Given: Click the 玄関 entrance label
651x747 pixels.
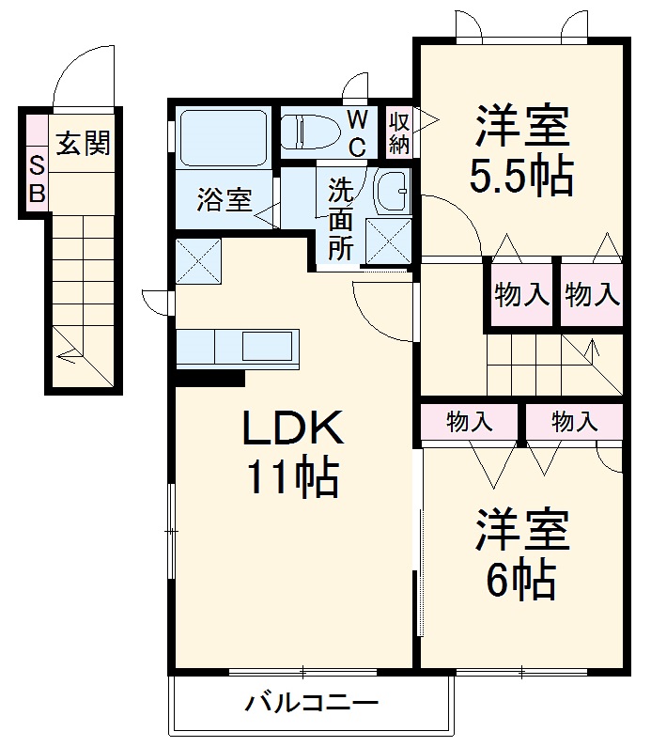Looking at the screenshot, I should (84, 144).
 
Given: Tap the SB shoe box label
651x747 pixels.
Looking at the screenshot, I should (37, 179).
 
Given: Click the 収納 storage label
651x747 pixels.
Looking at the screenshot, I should (399, 132).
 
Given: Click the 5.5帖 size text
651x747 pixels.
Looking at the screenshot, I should (522, 176).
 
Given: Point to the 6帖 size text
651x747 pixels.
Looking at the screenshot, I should (520, 582).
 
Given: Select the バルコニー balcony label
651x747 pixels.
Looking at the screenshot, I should (312, 702).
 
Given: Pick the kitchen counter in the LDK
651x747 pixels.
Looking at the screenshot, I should (238, 348).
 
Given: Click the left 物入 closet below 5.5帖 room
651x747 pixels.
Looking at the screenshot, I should (521, 294).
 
